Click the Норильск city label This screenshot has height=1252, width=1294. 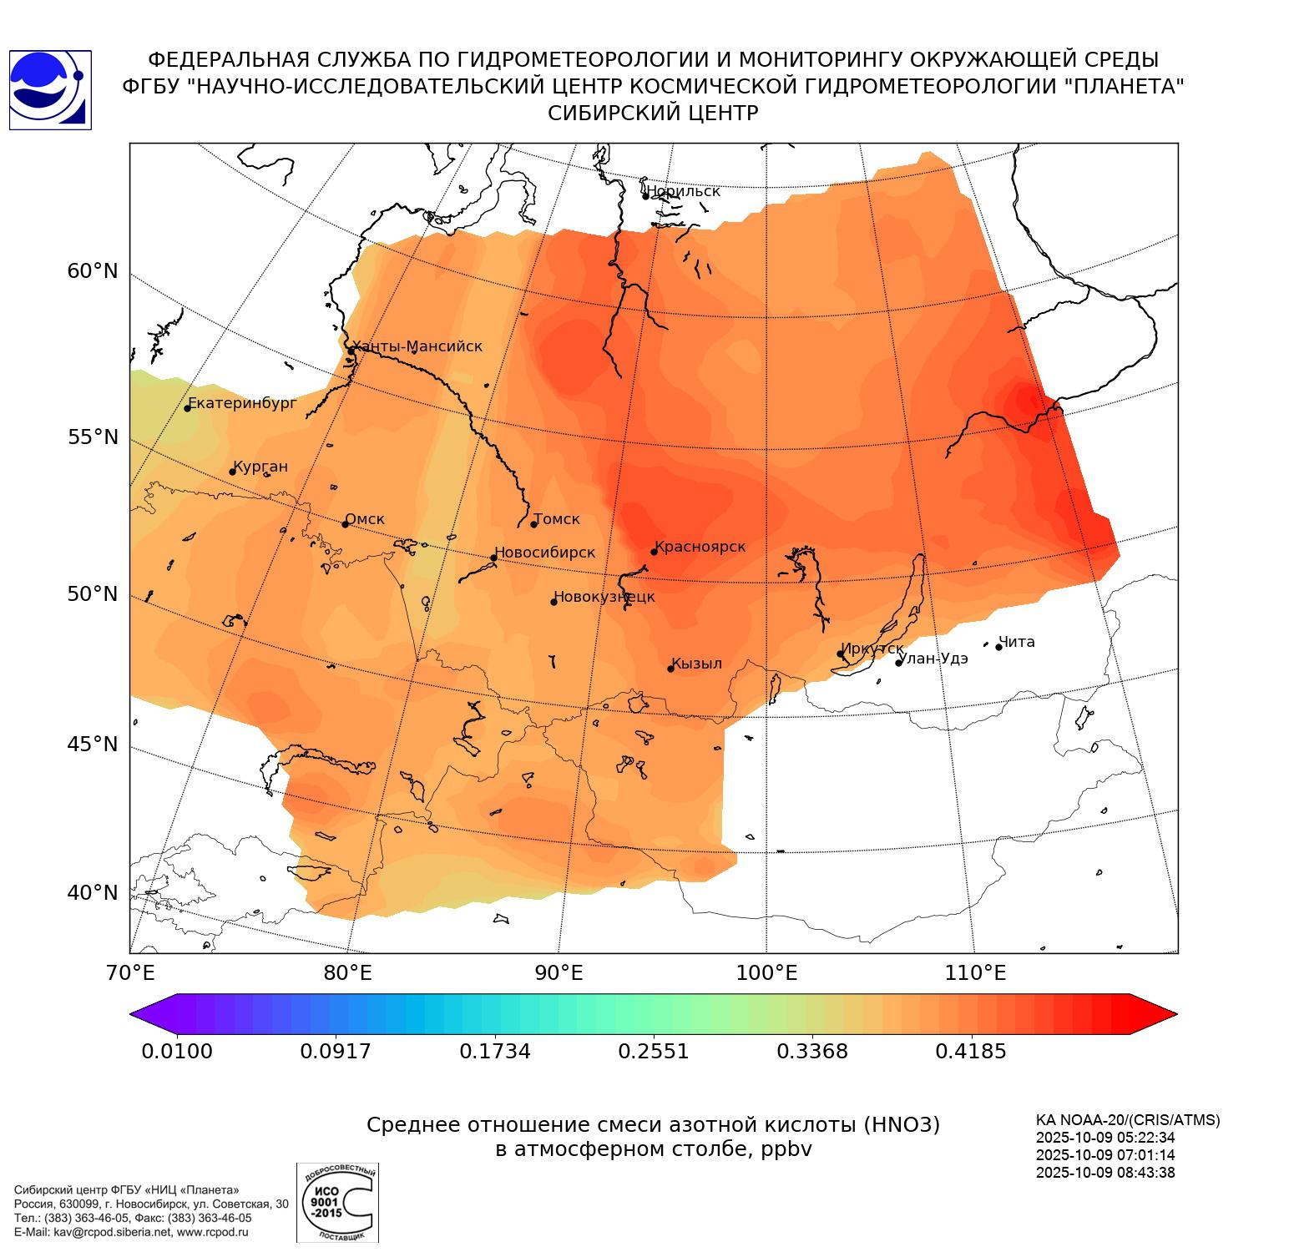click(683, 191)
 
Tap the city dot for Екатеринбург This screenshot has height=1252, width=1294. click(188, 407)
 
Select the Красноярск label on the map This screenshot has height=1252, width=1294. click(700, 547)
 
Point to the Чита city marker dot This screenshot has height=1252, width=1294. click(998, 647)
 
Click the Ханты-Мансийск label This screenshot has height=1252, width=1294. click(417, 346)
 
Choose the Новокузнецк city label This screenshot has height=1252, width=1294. click(604, 597)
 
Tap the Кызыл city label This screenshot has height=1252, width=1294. click(696, 664)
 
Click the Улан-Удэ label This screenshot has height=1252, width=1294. click(933, 659)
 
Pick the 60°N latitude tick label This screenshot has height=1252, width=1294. click(93, 271)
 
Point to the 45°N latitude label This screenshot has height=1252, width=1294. click(93, 744)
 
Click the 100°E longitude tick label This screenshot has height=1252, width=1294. click(766, 973)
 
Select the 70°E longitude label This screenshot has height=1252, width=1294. click(130, 973)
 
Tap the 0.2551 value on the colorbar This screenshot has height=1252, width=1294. click(654, 1051)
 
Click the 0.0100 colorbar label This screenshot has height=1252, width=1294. click(177, 1051)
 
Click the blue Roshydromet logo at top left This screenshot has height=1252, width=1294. click(50, 89)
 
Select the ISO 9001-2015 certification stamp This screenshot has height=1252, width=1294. click(337, 1203)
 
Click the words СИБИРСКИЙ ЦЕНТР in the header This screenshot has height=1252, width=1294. click(653, 114)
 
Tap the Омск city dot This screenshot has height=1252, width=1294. click(345, 524)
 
